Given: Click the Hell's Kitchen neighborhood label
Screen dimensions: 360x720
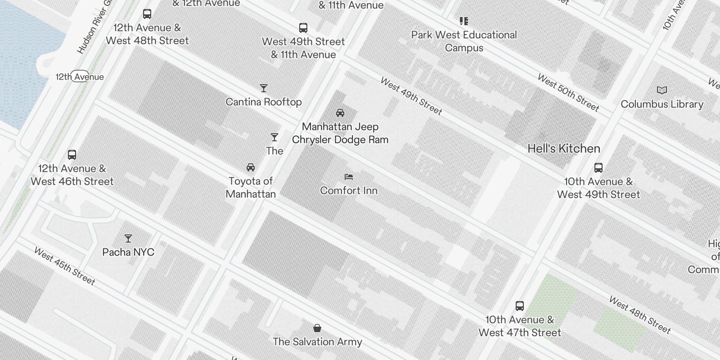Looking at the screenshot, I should [x=563, y=148].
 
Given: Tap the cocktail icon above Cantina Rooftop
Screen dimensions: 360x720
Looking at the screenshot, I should [x=264, y=88].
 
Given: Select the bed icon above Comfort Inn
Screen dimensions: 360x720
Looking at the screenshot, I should [x=349, y=177].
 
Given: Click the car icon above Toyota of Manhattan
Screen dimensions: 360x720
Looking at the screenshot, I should [x=251, y=167].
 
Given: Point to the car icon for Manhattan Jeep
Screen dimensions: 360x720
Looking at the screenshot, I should [x=340, y=113].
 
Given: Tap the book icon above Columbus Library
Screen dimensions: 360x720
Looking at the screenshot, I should [x=661, y=90].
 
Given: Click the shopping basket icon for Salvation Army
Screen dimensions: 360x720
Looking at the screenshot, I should [x=317, y=328].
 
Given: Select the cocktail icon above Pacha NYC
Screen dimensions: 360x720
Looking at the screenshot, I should [x=128, y=238].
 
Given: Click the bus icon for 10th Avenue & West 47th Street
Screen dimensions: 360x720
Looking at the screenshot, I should [x=520, y=306].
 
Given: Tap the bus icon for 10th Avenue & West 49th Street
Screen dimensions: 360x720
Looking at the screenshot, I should [x=598, y=168].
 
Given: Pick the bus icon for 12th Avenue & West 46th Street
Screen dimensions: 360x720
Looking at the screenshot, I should [x=72, y=155].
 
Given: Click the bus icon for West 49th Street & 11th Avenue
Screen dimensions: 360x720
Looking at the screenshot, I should [x=303, y=28].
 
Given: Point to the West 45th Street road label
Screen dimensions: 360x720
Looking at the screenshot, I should [x=65, y=266].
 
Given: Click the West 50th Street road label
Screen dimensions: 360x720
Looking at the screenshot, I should [x=568, y=93].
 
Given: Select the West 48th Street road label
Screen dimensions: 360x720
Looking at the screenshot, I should [x=639, y=315].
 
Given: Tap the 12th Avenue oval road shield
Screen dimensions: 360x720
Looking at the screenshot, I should [x=80, y=77].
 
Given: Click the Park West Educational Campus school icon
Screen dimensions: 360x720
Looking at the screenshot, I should [x=464, y=21].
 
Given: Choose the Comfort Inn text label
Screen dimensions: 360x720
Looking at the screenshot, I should [x=349, y=190].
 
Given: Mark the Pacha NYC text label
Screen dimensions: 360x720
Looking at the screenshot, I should [x=128, y=252].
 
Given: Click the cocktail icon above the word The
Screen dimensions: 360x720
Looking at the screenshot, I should [x=274, y=137].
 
